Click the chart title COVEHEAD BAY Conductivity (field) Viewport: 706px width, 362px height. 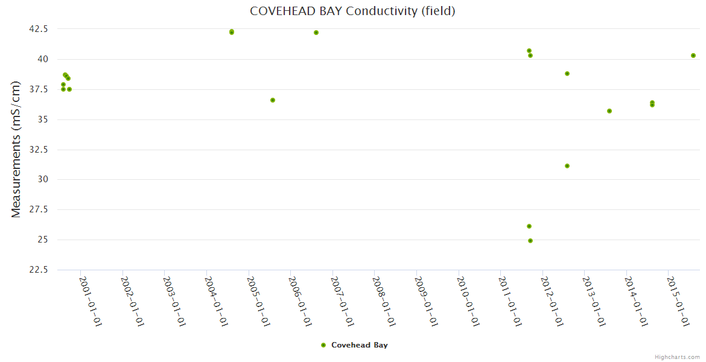tap(352, 11)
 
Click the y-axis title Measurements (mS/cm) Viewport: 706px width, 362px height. tap(16, 149)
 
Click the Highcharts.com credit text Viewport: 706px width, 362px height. tap(677, 357)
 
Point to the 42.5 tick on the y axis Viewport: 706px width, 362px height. tap(39, 29)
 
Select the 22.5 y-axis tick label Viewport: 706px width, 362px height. tap(39, 270)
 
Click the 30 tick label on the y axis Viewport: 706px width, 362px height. tap(43, 179)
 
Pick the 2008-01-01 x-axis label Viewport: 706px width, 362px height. tap(384, 301)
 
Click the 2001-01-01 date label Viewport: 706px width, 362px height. tap(91, 301)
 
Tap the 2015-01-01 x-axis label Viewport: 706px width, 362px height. tap(678, 301)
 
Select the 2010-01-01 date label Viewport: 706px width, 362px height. tap(468, 301)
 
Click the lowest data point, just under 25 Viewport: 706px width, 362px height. tap(530, 241)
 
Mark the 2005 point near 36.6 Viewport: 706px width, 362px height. tap(273, 100)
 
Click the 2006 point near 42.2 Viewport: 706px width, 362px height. tap(316, 33)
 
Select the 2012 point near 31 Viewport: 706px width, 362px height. tap(567, 166)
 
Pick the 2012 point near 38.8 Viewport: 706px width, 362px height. tap(567, 74)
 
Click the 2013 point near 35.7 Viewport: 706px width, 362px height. tap(609, 111)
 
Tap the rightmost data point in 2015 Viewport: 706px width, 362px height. tap(693, 56)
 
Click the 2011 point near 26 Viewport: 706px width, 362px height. tap(529, 226)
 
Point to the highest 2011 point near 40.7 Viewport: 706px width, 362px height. tap(529, 51)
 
